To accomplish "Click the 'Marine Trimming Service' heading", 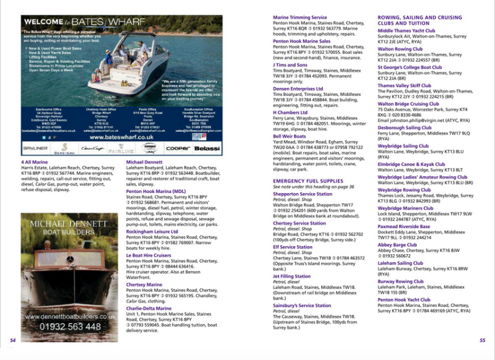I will (x=300, y=17).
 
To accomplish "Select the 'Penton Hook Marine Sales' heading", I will (x=302, y=41).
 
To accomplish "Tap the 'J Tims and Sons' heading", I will (x=290, y=64).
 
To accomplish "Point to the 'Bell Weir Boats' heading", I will (x=291, y=135).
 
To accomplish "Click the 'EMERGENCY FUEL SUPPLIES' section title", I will (x=307, y=180).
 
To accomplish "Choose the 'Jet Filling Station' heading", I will (x=292, y=276).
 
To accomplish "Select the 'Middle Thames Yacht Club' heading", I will (x=407, y=30).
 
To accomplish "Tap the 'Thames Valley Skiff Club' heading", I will (x=405, y=86).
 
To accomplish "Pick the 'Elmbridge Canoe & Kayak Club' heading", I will (x=411, y=164).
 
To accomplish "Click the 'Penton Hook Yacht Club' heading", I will (x=404, y=299).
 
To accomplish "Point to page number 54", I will (x=13, y=340).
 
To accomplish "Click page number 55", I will (x=483, y=340).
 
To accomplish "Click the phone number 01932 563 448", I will (x=71, y=326).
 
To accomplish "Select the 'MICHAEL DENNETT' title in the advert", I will (x=69, y=222).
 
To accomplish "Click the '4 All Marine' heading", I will (x=34, y=162).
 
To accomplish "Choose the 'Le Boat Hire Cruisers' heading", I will (x=148, y=255).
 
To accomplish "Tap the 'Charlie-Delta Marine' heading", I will (x=149, y=308).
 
